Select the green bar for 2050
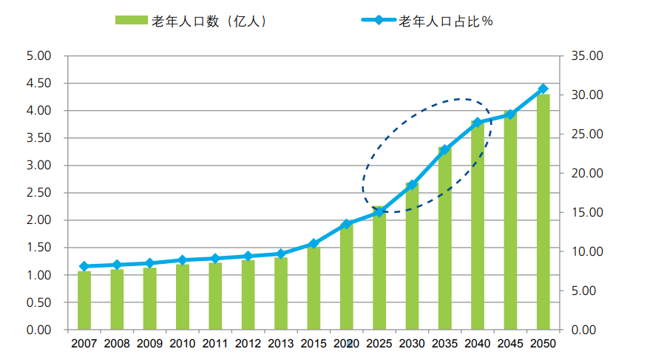(543, 212)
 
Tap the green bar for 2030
(412, 256)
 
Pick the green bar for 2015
(314, 288)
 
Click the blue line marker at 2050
(543, 89)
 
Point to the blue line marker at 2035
(444, 150)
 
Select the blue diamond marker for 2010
(183, 260)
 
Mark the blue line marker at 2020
(346, 224)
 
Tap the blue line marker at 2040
(477, 123)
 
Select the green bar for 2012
(248, 295)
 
